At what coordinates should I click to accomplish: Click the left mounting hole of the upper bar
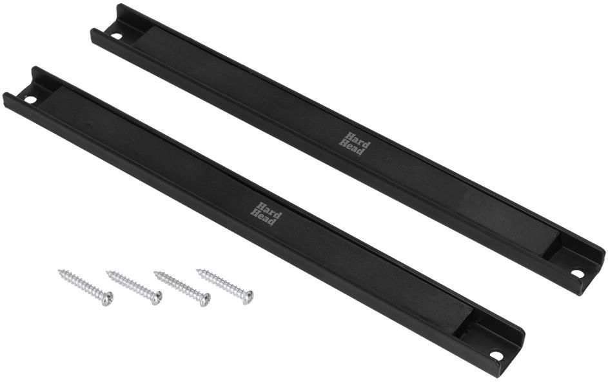(x=116, y=37)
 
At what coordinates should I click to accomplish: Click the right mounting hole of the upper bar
(x=577, y=274)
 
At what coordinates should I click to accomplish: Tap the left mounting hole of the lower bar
(x=30, y=100)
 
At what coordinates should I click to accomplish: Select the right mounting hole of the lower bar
(x=496, y=355)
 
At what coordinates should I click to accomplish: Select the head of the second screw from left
(x=156, y=297)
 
